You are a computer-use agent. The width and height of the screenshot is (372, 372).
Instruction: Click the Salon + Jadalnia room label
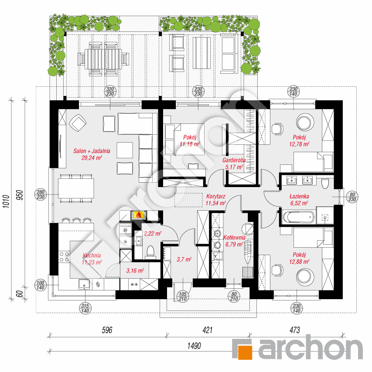(x=92, y=151)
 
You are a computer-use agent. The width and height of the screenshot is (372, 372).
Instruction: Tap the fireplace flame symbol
(x=139, y=215)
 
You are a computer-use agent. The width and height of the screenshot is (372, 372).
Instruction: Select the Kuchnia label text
(x=92, y=256)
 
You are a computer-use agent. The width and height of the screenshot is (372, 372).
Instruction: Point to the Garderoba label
(x=234, y=160)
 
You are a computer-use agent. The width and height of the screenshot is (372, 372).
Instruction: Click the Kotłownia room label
(x=234, y=238)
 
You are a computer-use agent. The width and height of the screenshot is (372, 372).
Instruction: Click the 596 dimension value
(x=107, y=330)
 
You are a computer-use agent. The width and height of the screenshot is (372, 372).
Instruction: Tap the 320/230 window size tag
(x=110, y=92)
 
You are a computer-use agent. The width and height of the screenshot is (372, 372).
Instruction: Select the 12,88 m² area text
(x=299, y=262)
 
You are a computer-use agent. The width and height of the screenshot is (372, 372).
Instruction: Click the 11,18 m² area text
(x=190, y=143)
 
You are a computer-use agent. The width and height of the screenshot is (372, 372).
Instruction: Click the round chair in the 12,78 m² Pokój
(x=304, y=122)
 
